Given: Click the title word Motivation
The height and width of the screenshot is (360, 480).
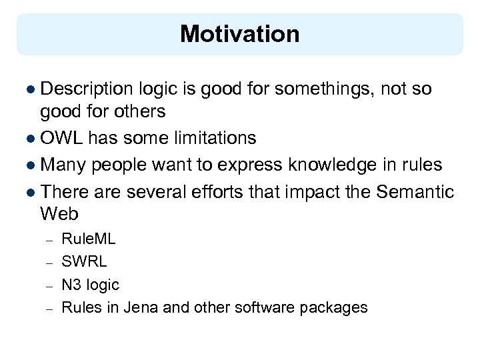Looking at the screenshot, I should (239, 33).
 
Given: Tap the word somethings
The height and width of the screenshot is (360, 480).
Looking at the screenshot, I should (322, 89).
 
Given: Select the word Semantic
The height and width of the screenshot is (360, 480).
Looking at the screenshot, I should (415, 192).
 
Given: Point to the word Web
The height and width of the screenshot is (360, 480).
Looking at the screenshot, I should (59, 214).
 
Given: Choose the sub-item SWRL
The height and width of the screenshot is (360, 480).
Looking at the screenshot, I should (84, 262).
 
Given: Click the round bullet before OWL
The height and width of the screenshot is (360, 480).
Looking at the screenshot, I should (32, 139).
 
